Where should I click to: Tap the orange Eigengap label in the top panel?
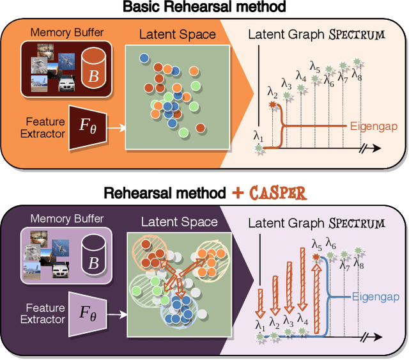(x=374, y=127)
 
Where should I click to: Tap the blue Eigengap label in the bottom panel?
(x=374, y=297)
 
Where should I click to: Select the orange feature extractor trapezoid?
(x=87, y=128)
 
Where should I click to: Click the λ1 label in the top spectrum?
(x=258, y=136)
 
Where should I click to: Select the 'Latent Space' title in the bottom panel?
(x=179, y=223)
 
